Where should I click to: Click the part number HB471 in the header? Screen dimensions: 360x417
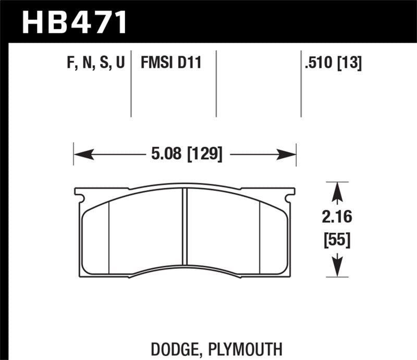pos(74,22)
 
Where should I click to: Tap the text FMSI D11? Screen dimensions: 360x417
pos(170,64)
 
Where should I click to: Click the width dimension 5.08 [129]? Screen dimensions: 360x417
pos(185,154)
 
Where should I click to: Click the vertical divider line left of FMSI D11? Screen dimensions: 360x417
pos(130,83)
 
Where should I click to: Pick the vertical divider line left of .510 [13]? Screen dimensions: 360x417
pos(301,83)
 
